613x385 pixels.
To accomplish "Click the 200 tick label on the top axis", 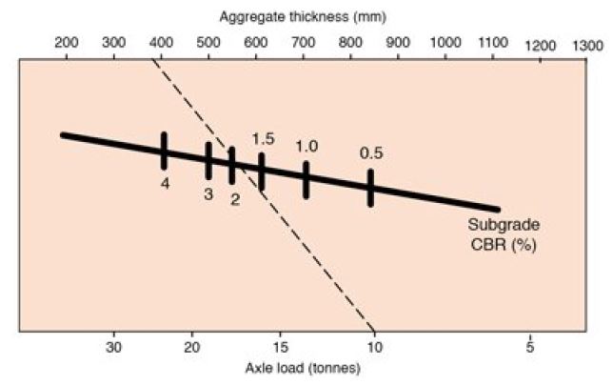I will coord(67,43).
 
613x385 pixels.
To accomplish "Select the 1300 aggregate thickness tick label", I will coord(587,45).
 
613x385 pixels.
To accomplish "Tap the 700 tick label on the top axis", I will coord(303,43).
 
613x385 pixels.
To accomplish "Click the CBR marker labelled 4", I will coord(164,151).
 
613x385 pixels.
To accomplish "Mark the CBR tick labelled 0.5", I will coord(370,188).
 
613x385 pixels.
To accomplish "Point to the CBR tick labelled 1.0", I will coord(306,179).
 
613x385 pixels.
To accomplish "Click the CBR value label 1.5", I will coord(263,139).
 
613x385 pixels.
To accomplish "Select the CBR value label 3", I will coord(208,193).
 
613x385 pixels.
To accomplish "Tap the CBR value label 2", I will coord(235,199).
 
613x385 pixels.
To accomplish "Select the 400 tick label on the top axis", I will coord(161,43).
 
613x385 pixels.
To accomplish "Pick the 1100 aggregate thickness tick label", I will coord(492,43).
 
